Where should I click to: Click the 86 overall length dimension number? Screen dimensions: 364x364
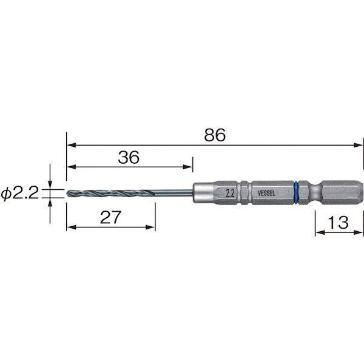pos(215,135)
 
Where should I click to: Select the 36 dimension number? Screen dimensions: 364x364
pos(129,157)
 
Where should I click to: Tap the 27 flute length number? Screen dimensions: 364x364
pos(110,217)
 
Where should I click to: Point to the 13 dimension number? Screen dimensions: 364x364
pos(338,223)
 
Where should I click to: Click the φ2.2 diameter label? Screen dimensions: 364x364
pos(20,193)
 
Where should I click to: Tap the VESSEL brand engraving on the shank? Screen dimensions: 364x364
pos(266,193)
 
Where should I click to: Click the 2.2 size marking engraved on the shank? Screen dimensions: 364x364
pos(230,194)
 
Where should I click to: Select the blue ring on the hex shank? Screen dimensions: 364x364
pos(296,193)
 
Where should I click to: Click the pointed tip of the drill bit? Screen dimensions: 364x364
pos(67,193)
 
